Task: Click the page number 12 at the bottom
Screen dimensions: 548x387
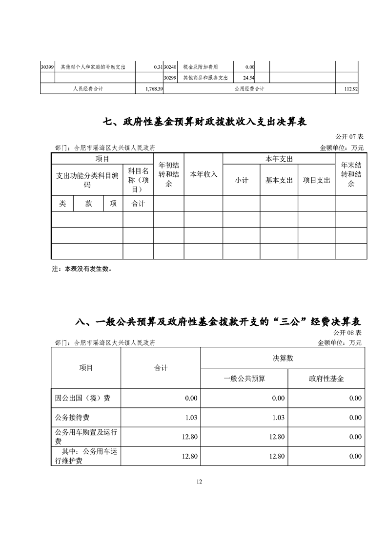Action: (199, 482)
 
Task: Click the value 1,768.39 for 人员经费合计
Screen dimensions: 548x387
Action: (154, 89)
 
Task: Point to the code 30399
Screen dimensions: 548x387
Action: (47, 67)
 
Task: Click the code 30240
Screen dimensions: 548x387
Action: (170, 67)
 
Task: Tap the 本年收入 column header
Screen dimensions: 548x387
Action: (204, 174)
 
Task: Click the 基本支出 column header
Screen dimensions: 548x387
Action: (279, 180)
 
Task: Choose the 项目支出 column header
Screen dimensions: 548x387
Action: (316, 180)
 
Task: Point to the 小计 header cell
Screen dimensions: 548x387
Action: (242, 180)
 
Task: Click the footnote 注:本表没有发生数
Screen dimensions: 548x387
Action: (82, 269)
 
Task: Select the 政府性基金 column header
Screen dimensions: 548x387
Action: (326, 379)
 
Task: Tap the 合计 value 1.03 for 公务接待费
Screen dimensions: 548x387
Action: (191, 418)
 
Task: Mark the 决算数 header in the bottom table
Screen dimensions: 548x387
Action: (283, 358)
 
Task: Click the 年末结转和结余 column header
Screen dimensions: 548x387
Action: (351, 174)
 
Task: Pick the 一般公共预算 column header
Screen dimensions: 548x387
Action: (244, 379)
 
